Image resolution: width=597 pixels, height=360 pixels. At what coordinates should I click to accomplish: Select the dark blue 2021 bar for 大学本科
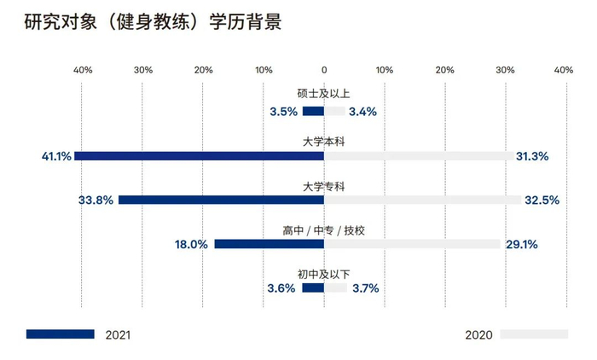click(199, 156)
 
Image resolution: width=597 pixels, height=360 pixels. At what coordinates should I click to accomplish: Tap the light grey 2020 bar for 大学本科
click(418, 156)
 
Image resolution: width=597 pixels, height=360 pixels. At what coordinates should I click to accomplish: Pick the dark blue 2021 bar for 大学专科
click(221, 200)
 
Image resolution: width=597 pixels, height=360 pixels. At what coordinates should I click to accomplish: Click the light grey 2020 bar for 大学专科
click(422, 200)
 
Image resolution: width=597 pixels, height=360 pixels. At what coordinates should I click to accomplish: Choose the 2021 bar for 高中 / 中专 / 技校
click(269, 244)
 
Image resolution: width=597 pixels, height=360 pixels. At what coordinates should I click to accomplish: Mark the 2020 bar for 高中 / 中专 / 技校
click(412, 244)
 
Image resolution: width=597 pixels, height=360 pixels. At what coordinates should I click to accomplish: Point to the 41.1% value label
click(55, 156)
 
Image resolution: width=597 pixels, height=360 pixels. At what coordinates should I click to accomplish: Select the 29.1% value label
click(521, 244)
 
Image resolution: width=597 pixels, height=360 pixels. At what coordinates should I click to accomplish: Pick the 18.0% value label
click(191, 244)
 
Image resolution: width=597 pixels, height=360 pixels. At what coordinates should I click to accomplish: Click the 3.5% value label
click(283, 111)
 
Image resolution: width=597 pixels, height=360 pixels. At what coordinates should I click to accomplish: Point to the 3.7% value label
click(365, 288)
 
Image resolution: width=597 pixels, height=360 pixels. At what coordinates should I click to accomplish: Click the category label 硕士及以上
click(324, 95)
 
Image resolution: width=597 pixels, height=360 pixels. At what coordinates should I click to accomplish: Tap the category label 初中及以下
click(324, 273)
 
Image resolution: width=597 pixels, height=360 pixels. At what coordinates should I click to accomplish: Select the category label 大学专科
click(324, 184)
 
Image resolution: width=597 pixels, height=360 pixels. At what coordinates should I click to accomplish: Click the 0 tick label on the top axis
click(324, 69)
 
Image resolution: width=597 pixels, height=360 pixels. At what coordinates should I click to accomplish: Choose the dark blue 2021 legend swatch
click(60, 334)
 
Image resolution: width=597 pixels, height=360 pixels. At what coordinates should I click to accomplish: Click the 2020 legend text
click(478, 334)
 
